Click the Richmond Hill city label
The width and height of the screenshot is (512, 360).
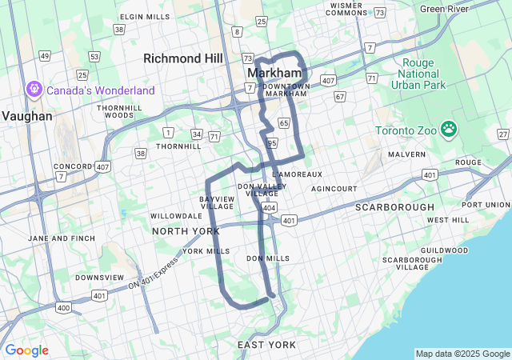click(x=182, y=58)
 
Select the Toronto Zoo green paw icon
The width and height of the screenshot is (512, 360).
click(x=449, y=128)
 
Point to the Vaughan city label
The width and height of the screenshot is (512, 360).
click(x=26, y=116)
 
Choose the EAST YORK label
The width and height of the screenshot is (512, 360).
click(x=266, y=345)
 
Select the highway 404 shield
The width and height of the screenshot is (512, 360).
click(x=269, y=207)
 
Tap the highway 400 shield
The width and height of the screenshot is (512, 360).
click(x=62, y=307)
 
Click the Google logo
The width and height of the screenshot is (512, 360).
click(x=26, y=350)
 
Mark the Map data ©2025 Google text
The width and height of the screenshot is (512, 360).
click(x=462, y=354)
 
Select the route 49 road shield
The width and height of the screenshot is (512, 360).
click(x=45, y=56)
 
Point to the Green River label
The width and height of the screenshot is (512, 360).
click(x=444, y=9)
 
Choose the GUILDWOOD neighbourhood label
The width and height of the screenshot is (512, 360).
click(x=444, y=250)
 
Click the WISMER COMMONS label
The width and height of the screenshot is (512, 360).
click(x=346, y=10)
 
